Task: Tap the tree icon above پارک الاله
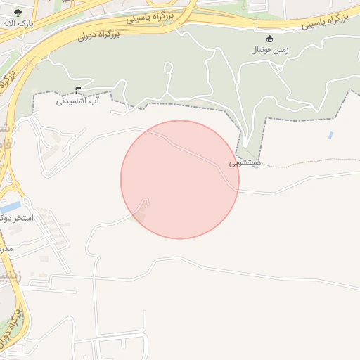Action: click(x=18, y=12)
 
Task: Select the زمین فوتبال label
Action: click(x=271, y=51)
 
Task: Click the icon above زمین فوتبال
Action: click(x=271, y=39)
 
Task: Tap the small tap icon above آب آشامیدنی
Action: click(x=77, y=89)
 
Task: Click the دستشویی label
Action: click(x=245, y=162)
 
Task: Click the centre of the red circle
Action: click(x=180, y=179)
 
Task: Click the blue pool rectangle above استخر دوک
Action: click(x=10, y=207)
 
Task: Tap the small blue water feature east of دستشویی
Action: click(x=330, y=134)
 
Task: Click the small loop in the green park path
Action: click(x=168, y=68)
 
